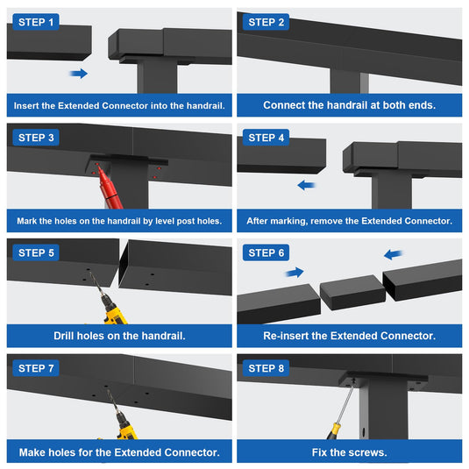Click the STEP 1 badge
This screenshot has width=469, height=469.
coord(36,22)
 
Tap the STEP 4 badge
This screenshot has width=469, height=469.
coord(266,138)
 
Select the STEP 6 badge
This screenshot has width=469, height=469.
coord(266,252)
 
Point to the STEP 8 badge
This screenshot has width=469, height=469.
coord(266,368)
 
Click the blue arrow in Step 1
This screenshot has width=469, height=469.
coord(79,74)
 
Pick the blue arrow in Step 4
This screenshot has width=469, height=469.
coord(306,185)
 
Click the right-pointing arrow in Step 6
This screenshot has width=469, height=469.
coord(295,272)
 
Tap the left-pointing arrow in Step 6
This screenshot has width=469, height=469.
coord(393,254)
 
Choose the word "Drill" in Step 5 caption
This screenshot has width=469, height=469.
coord(64,336)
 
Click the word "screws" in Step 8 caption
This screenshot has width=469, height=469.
coord(371,452)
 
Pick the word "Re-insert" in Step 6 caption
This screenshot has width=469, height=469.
coord(286,336)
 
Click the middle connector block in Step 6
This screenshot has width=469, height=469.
coord(352,292)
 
